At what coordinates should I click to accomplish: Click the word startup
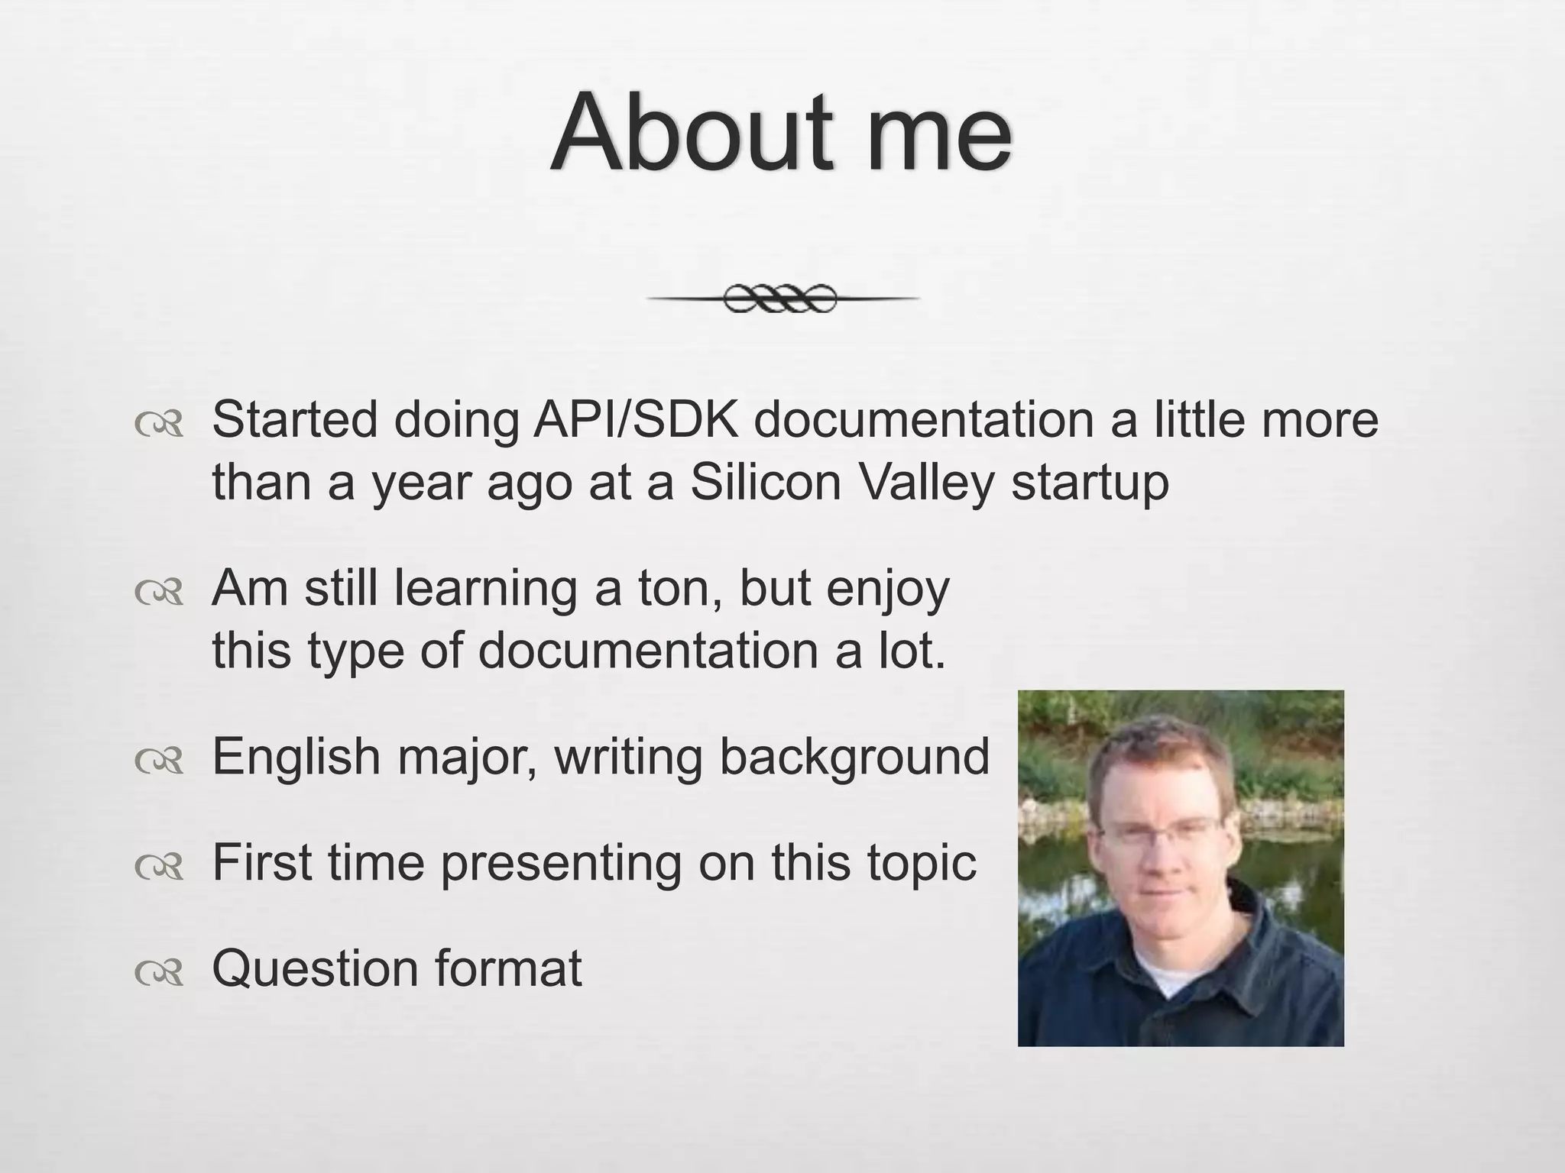1090,483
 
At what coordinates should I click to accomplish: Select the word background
854,757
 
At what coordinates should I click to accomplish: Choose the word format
508,968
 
